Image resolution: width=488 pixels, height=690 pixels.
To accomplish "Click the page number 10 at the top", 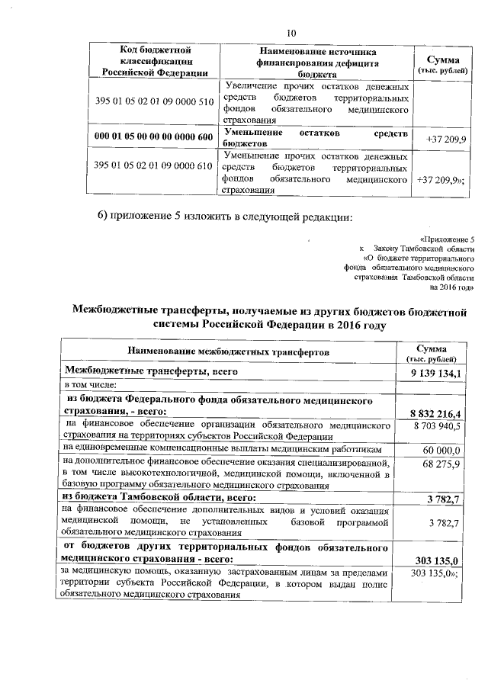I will coord(291,32).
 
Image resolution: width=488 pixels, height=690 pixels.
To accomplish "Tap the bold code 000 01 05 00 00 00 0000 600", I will coord(153,137).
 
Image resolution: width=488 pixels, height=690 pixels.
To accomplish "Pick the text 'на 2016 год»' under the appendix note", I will coord(452,287).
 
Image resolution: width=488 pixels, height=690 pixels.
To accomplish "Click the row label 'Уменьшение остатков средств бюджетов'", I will coord(316,137).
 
